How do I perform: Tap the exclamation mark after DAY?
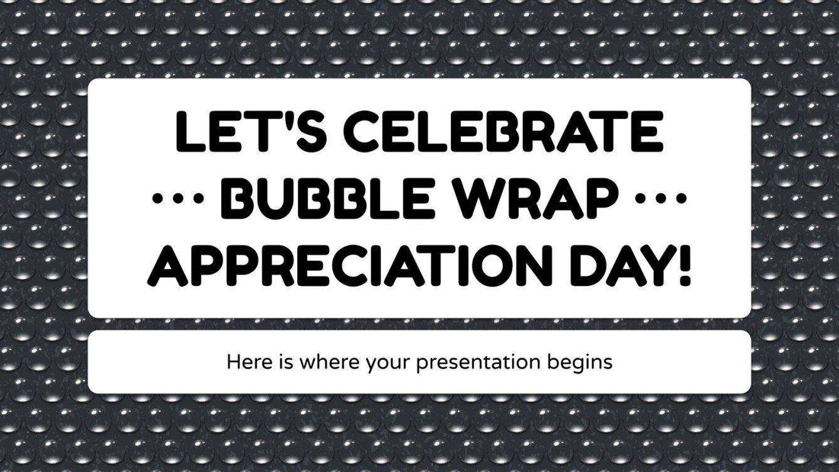pos(683,265)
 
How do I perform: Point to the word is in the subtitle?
pos(274,362)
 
